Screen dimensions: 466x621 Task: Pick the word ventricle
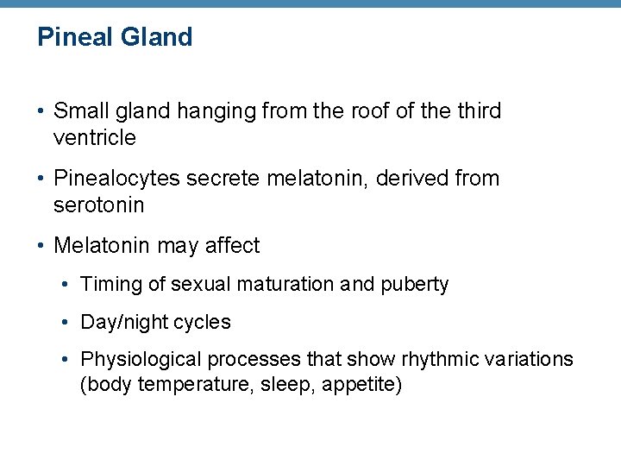coord(95,137)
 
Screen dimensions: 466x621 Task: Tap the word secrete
coord(226,179)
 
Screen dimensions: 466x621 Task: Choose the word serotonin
coord(98,205)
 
